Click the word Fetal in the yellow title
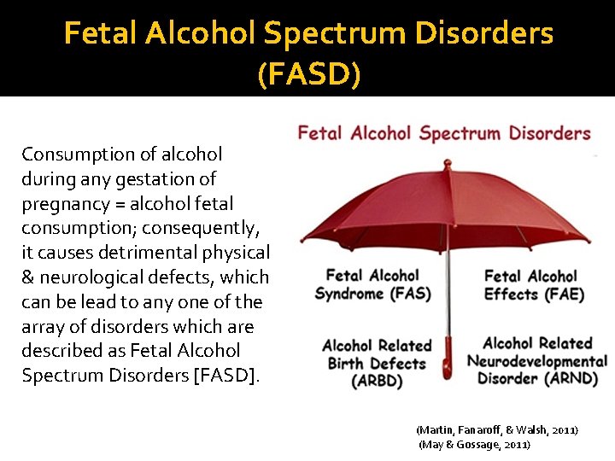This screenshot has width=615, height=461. (93, 34)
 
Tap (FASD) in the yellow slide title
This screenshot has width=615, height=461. (308, 74)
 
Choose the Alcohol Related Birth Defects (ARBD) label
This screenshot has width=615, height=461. (376, 364)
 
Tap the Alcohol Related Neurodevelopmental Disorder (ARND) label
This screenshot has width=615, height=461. (536, 361)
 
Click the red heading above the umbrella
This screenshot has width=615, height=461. (443, 133)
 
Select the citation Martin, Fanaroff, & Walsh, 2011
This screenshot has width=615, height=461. (496, 429)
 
